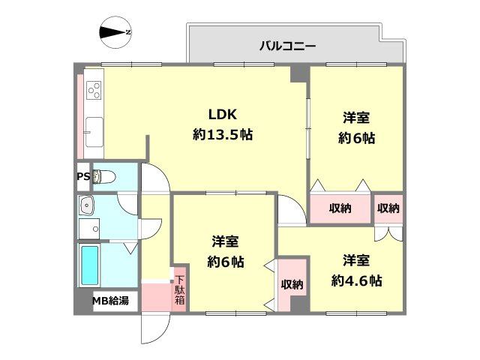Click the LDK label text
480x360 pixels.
(x=222, y=115)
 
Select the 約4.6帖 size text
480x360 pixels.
(x=357, y=281)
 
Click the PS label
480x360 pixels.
(x=82, y=177)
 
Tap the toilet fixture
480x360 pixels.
(x=106, y=177)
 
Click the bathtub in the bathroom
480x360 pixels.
(x=90, y=267)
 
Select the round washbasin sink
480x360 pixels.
(x=88, y=204)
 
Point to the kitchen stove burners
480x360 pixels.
(x=94, y=91)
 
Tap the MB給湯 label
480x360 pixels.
(x=110, y=301)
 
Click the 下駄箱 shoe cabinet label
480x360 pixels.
(x=180, y=289)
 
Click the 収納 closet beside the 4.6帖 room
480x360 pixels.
(x=292, y=284)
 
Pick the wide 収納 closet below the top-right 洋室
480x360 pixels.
(x=339, y=208)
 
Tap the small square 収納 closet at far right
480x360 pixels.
(x=388, y=208)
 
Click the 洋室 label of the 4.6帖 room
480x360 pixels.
(x=357, y=261)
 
